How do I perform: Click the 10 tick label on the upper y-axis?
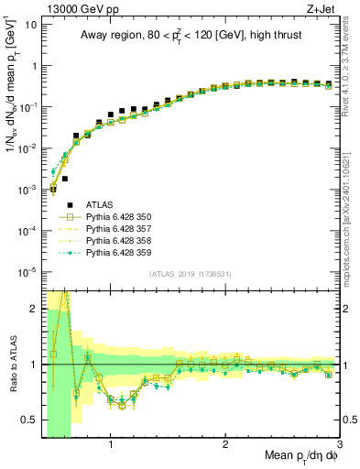[x=29, y=25]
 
